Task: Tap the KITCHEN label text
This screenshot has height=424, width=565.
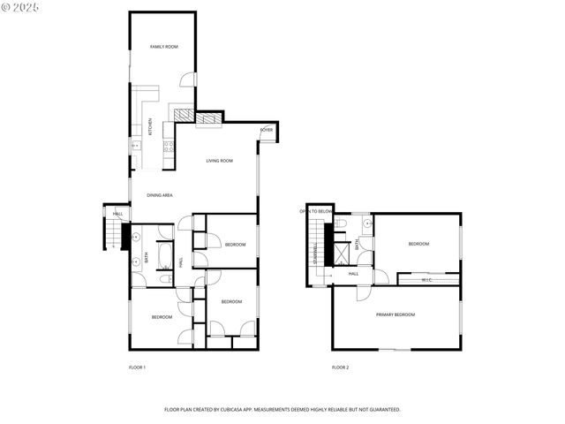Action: point(150,127)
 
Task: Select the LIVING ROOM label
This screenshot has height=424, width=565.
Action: point(219,161)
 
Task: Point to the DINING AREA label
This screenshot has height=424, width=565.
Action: point(159,194)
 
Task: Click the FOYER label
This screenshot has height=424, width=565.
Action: point(267,130)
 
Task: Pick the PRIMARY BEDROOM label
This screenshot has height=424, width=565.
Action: point(395,314)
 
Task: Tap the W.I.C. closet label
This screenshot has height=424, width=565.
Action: point(426,280)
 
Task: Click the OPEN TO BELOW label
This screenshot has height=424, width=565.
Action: point(315,211)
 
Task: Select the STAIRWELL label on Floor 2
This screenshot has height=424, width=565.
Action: point(315,250)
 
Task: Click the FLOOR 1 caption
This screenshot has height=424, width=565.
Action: point(137,367)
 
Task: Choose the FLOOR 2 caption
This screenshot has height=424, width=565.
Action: point(340,367)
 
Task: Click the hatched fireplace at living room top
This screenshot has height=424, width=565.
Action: point(209,118)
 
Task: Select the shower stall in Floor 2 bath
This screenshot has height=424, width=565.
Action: point(342,254)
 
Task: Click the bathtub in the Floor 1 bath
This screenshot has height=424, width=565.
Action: point(165,257)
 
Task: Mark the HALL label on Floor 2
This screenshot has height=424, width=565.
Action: point(353,274)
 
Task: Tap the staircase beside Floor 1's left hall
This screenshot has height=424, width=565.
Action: point(112,234)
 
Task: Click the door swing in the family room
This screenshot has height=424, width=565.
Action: point(188,80)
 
